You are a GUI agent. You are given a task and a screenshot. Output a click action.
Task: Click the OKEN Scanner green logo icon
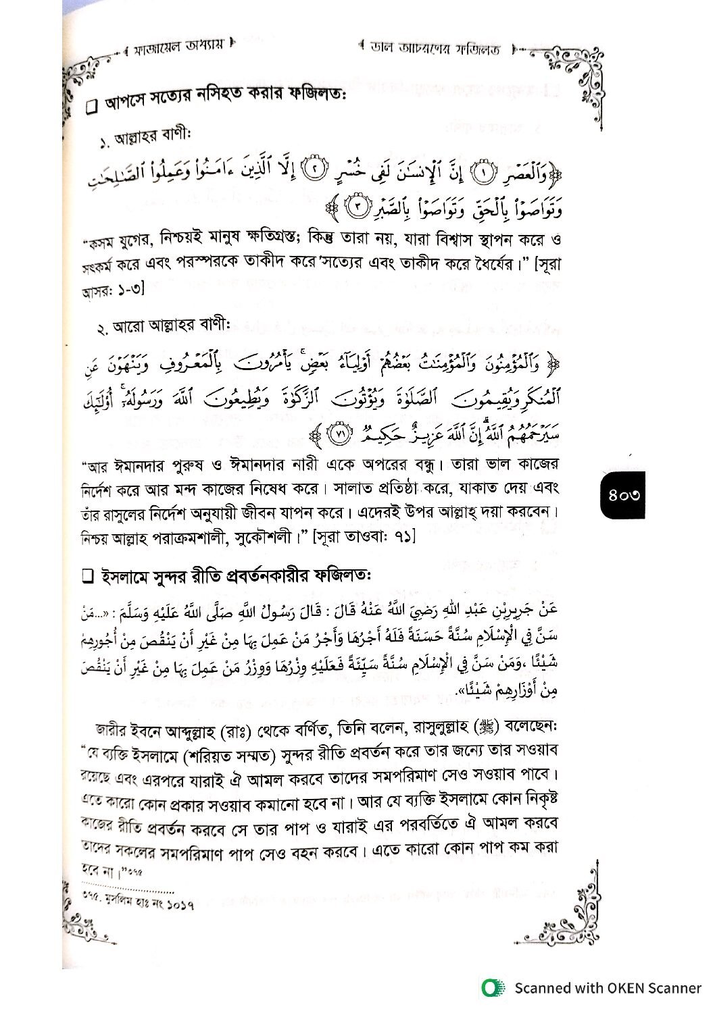pos(492,988)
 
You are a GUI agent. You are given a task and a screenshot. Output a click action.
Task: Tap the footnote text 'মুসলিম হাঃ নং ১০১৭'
pos(139,906)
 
